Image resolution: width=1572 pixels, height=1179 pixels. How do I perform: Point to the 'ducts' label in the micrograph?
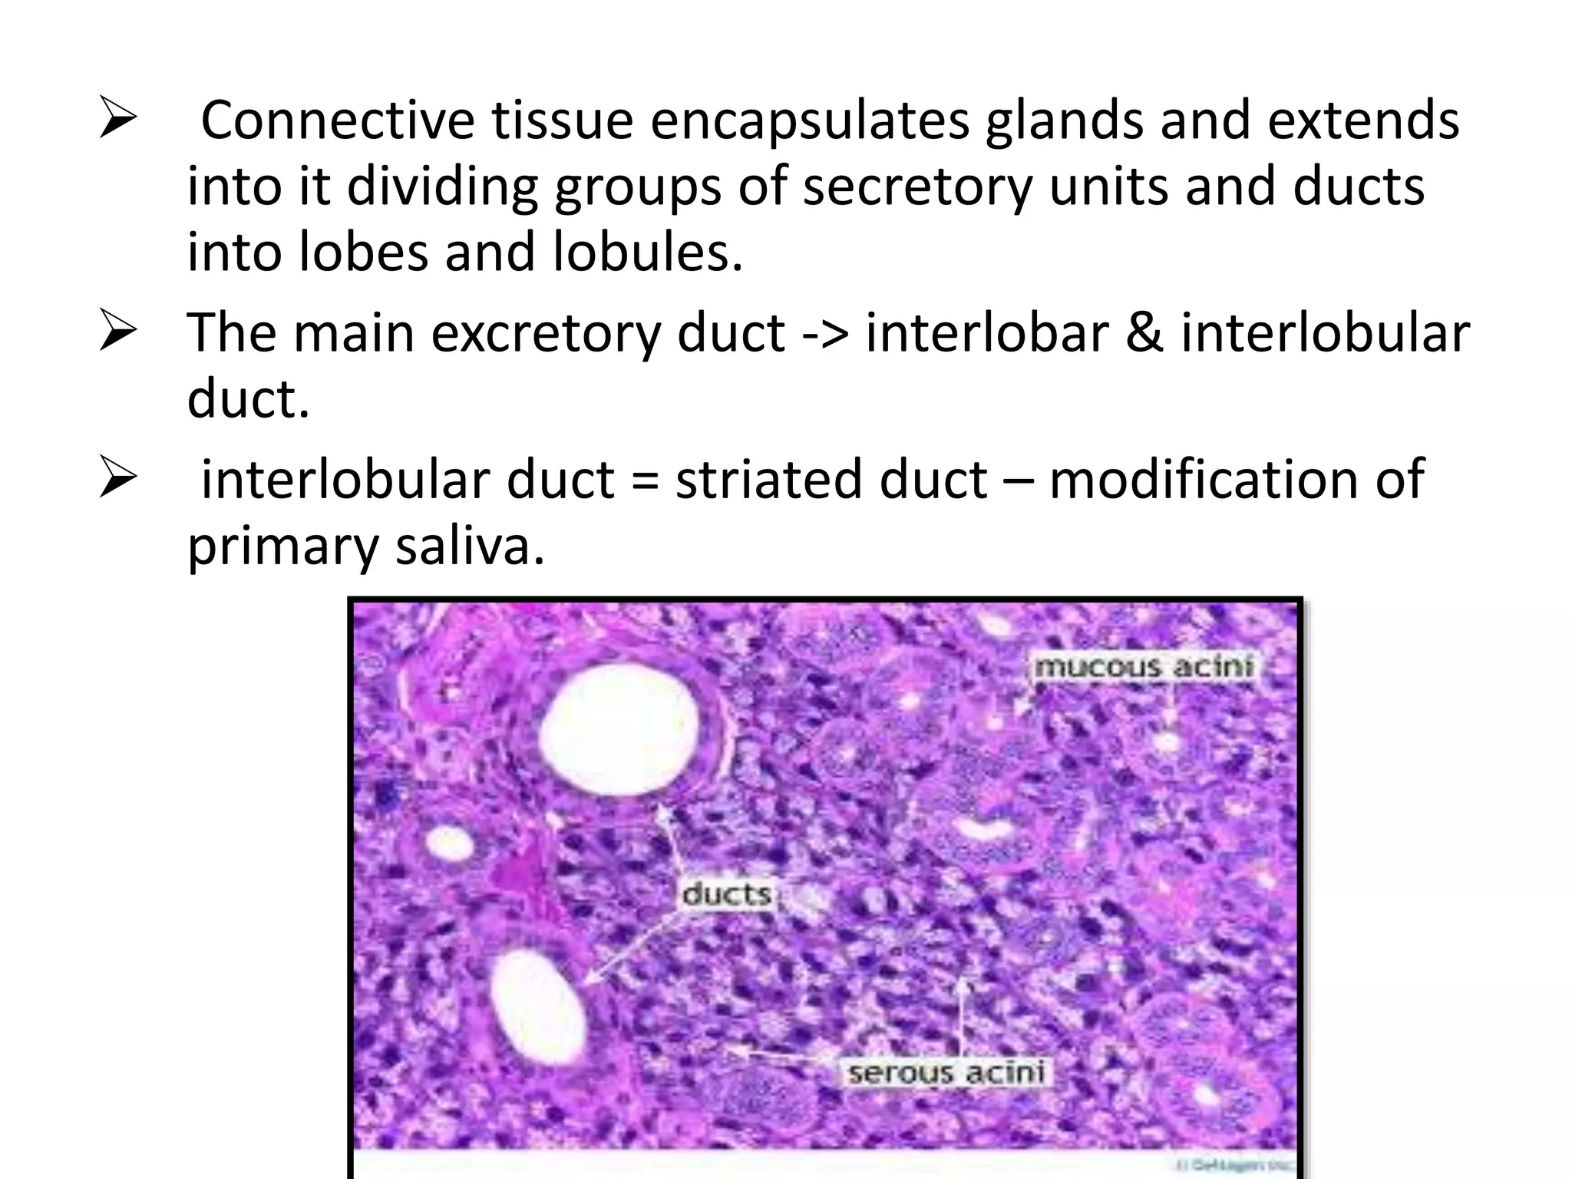tap(726, 894)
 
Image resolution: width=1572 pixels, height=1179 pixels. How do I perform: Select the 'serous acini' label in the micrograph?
tap(946, 1072)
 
